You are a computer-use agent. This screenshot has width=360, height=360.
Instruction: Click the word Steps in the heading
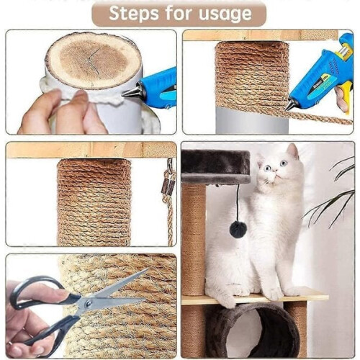pyautogui.click(x=134, y=14)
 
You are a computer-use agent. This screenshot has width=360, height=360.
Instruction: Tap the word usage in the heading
pyautogui.click(x=225, y=14)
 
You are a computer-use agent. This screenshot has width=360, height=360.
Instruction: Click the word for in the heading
pyautogui.click(x=179, y=13)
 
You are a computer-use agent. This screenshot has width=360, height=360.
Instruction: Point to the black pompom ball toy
pyautogui.click(x=238, y=230)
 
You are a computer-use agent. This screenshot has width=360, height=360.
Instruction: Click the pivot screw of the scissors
pyautogui.click(x=88, y=304)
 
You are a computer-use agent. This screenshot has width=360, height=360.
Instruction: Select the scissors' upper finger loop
pyautogui.click(x=36, y=292)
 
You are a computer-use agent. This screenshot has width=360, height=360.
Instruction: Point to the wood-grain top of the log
pyautogui.click(x=93, y=60)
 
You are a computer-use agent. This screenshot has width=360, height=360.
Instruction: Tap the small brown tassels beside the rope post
pyautogui.click(x=168, y=186)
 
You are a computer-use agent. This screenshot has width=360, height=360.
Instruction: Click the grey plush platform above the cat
pyautogui.click(x=215, y=166)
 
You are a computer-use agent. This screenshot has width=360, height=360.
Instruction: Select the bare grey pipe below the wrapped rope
pyautogui.click(x=252, y=120)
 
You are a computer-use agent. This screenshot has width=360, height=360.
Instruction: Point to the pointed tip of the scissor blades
pyautogui.click(x=148, y=269)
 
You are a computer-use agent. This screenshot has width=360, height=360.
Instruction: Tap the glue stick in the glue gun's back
pyautogui.click(x=343, y=52)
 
